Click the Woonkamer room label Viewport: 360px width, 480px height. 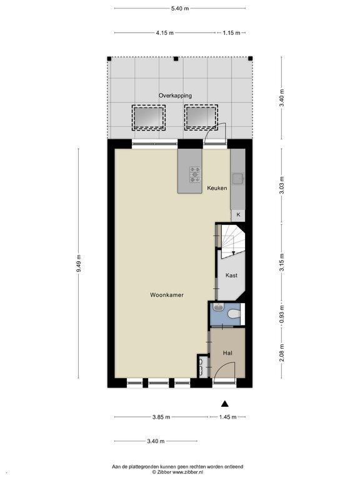click(x=167, y=295)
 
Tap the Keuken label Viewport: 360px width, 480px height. click(x=217, y=188)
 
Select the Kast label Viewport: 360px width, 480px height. click(x=231, y=275)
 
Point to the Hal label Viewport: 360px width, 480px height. click(x=227, y=353)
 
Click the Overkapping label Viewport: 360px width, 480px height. click(x=175, y=96)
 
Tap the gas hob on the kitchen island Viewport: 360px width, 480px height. click(x=195, y=174)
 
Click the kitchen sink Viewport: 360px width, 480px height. click(x=237, y=179)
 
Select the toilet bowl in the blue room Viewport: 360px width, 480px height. click(x=235, y=314)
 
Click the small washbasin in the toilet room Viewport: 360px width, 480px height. click(x=218, y=307)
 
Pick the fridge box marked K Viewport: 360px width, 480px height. click(x=238, y=215)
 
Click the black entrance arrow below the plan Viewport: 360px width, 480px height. click(x=225, y=404)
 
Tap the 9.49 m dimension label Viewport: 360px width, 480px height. click(x=79, y=263)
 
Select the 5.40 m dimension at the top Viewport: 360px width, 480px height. click(x=180, y=8)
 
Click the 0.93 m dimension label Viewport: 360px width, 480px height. click(x=282, y=314)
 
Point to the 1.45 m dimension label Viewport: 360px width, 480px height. click(x=227, y=417)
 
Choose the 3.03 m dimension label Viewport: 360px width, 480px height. click(x=282, y=185)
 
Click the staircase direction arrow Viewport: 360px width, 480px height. click(x=234, y=248)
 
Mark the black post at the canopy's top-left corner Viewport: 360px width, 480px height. click(x=109, y=59)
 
